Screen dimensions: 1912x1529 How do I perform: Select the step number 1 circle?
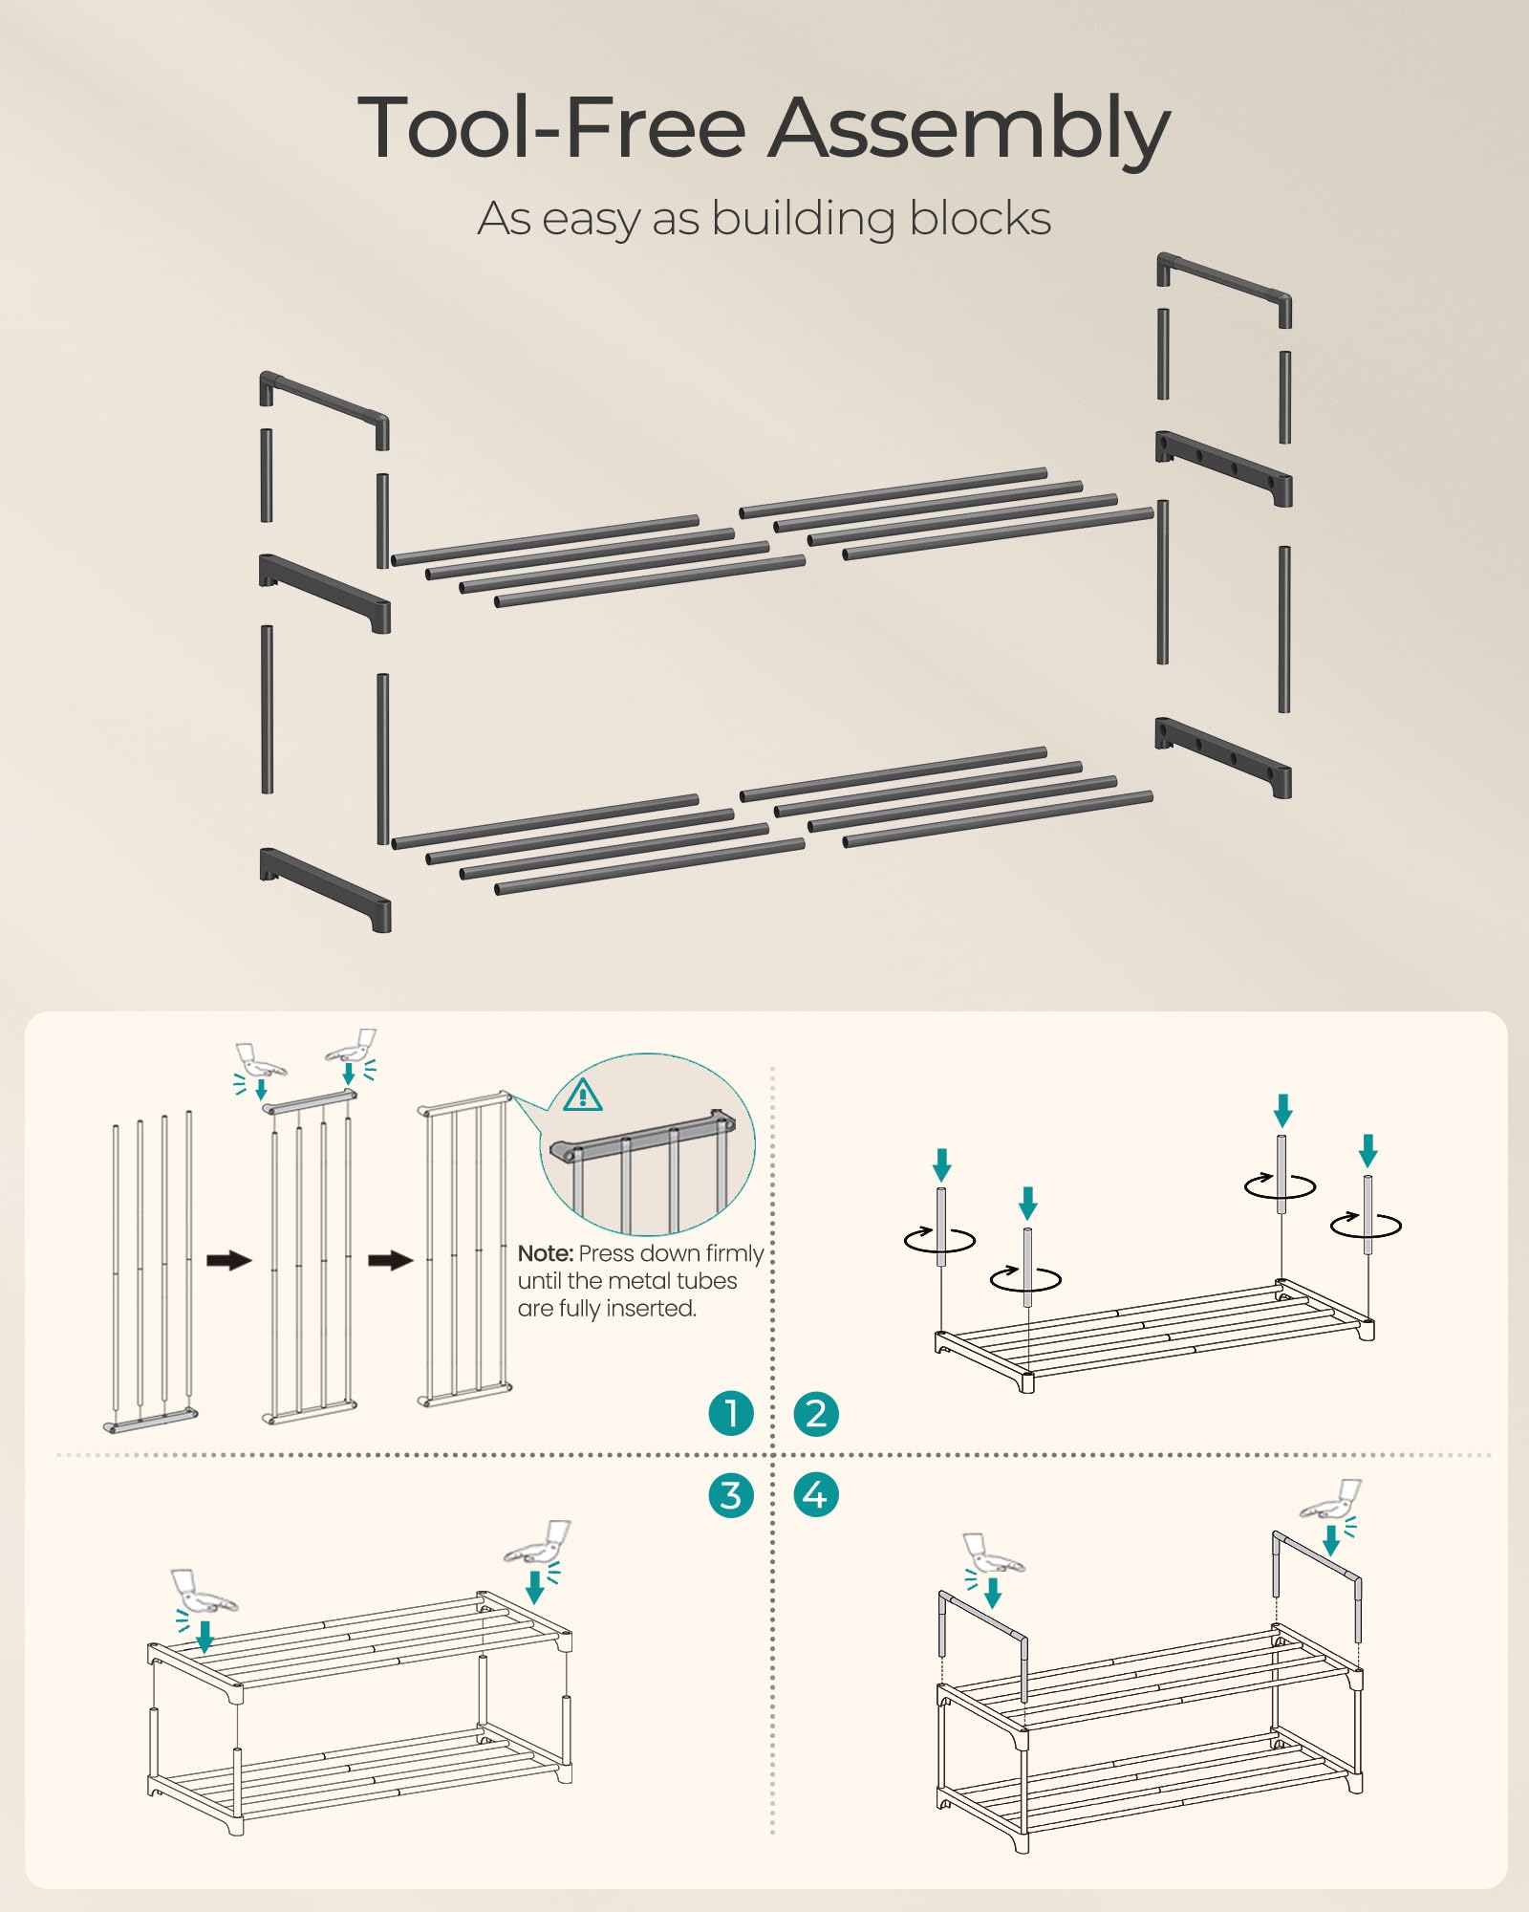coord(731,1413)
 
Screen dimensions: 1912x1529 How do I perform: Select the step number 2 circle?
coord(816,1413)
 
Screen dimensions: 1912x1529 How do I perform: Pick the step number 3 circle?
coord(731,1495)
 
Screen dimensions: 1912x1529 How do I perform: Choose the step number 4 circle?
coord(816,1495)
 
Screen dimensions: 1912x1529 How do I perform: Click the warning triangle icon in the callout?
coord(583,1095)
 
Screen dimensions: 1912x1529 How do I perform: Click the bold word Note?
coord(546,1253)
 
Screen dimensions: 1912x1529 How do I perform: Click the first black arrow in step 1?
coord(229,1260)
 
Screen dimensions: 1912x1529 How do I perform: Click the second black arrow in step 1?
coord(390,1260)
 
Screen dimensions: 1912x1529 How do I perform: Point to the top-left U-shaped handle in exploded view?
coord(323,406)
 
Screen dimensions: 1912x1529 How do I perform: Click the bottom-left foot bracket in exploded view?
coord(325,887)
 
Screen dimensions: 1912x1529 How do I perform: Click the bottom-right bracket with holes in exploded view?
coord(1223,755)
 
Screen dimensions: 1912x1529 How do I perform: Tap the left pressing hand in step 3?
coord(203,1592)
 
